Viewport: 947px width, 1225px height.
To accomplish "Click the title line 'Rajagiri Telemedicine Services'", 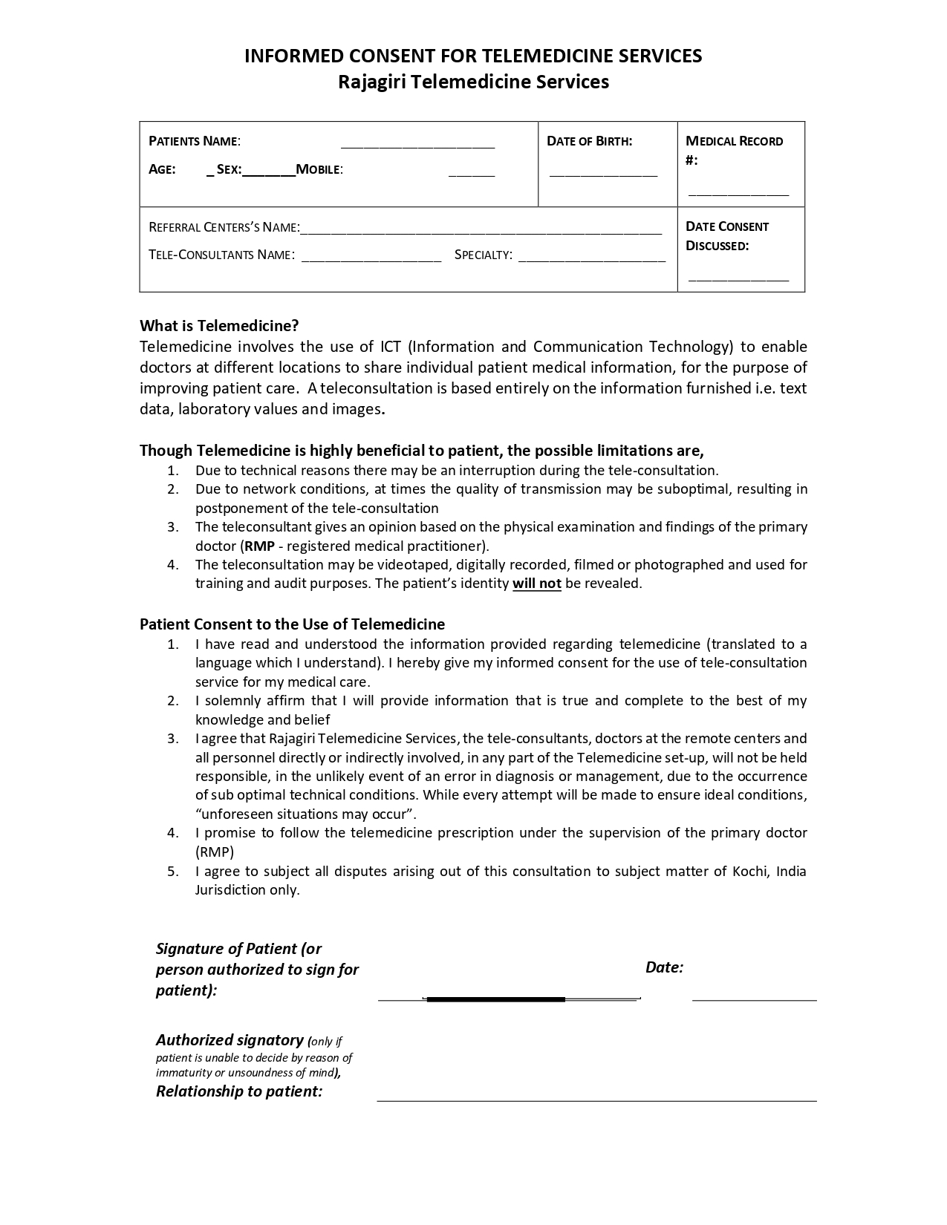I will [x=473, y=82].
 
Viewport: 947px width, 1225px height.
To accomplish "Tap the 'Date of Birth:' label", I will [x=589, y=141].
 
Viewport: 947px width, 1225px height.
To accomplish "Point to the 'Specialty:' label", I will [x=483, y=255].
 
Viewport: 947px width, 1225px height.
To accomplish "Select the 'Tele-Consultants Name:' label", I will [x=221, y=255].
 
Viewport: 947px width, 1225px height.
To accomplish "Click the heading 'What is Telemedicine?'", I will [x=219, y=326].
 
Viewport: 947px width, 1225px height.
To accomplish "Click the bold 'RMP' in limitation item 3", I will [x=259, y=546].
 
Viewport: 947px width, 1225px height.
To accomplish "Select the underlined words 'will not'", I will [x=536, y=584].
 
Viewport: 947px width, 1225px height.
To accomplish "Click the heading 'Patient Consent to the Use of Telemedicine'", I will [x=292, y=624].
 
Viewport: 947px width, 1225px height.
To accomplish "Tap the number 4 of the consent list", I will [x=172, y=833].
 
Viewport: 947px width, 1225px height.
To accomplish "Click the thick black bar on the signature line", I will [x=495, y=999].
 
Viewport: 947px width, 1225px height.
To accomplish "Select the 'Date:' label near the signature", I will [x=664, y=967].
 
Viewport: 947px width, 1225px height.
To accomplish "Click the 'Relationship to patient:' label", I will [x=239, y=1091].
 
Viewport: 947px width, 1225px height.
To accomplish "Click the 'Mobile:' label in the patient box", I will [x=319, y=169].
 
